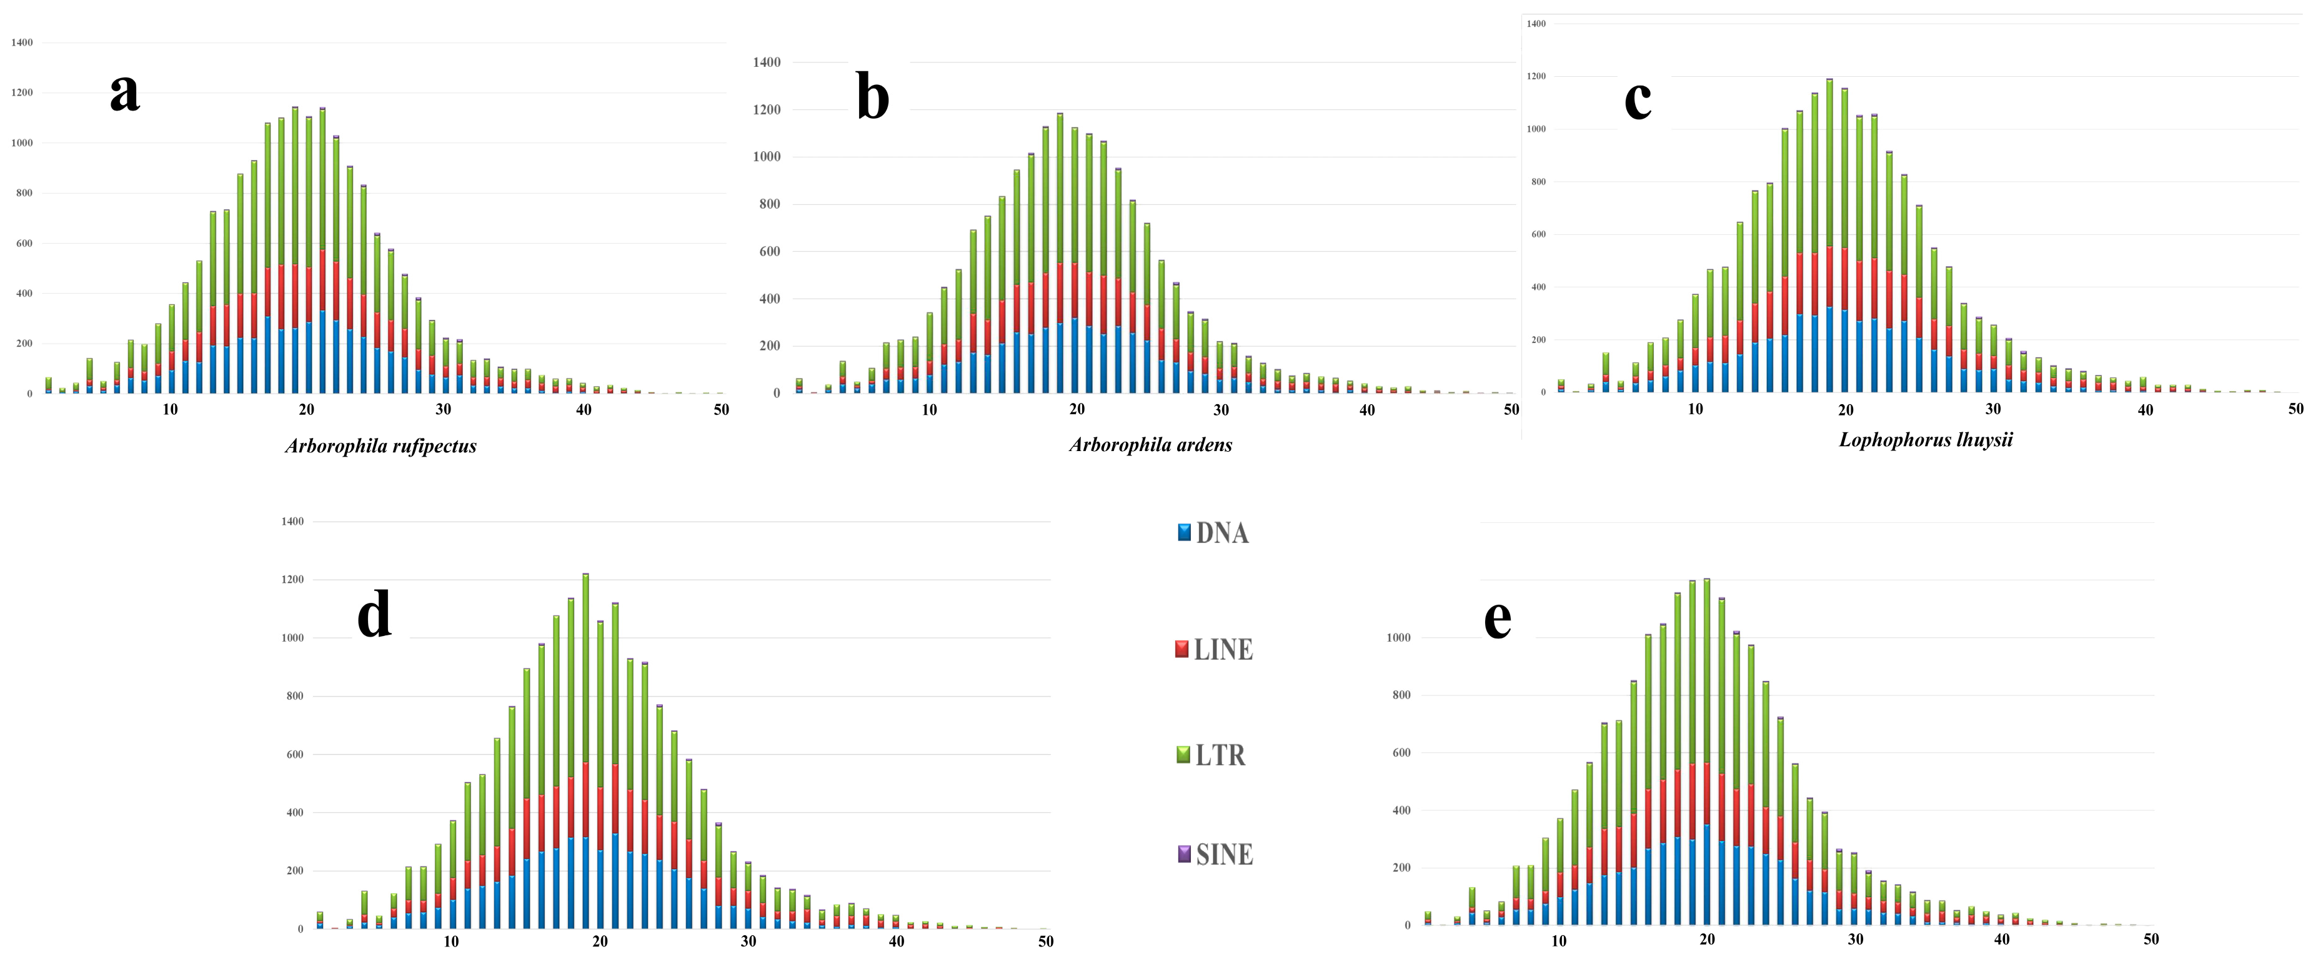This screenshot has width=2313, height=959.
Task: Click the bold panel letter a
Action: [125, 93]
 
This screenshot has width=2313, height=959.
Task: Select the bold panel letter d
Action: [374, 615]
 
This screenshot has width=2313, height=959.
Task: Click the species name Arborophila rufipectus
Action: [381, 446]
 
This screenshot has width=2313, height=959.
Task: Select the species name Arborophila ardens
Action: [1150, 444]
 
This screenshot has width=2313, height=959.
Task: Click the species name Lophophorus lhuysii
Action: [1925, 440]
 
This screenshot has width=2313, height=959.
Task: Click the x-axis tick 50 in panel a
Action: [721, 409]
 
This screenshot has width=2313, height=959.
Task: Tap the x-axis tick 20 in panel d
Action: [600, 941]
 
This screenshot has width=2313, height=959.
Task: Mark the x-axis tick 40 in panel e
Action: [2001, 938]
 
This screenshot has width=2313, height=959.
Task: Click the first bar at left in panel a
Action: [49, 385]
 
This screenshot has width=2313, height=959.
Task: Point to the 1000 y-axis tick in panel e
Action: [1398, 637]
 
